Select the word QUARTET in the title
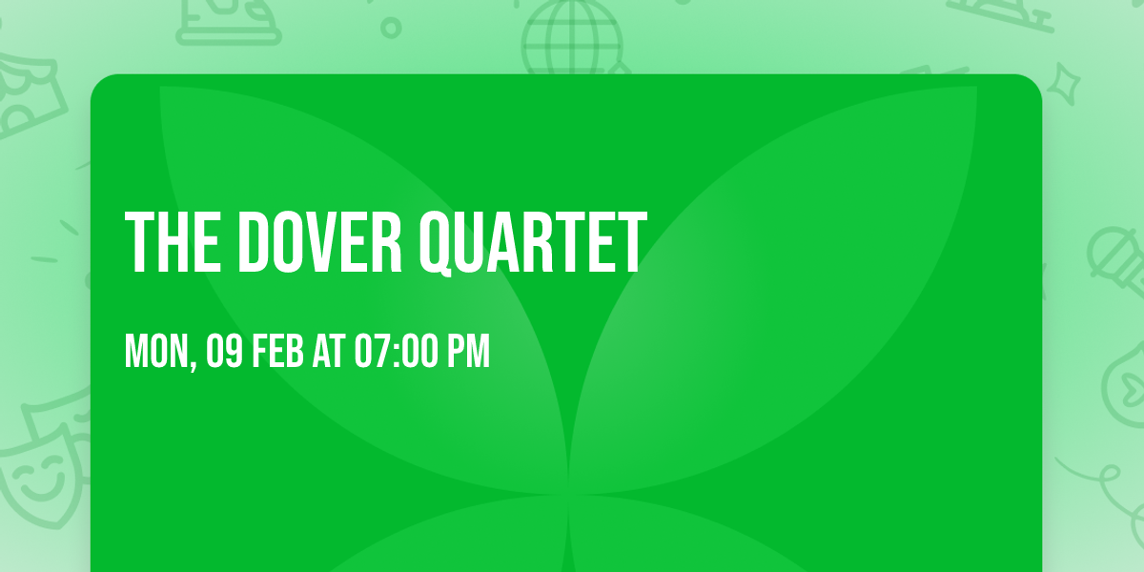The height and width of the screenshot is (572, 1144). point(532,243)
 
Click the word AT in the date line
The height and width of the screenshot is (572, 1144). point(328,352)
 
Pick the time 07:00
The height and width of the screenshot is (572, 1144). point(395,352)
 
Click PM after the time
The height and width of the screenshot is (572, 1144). point(469,352)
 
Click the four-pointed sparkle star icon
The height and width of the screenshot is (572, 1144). point(1065,84)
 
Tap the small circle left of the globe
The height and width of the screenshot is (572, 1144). point(390,27)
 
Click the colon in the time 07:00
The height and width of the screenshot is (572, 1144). point(396,353)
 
